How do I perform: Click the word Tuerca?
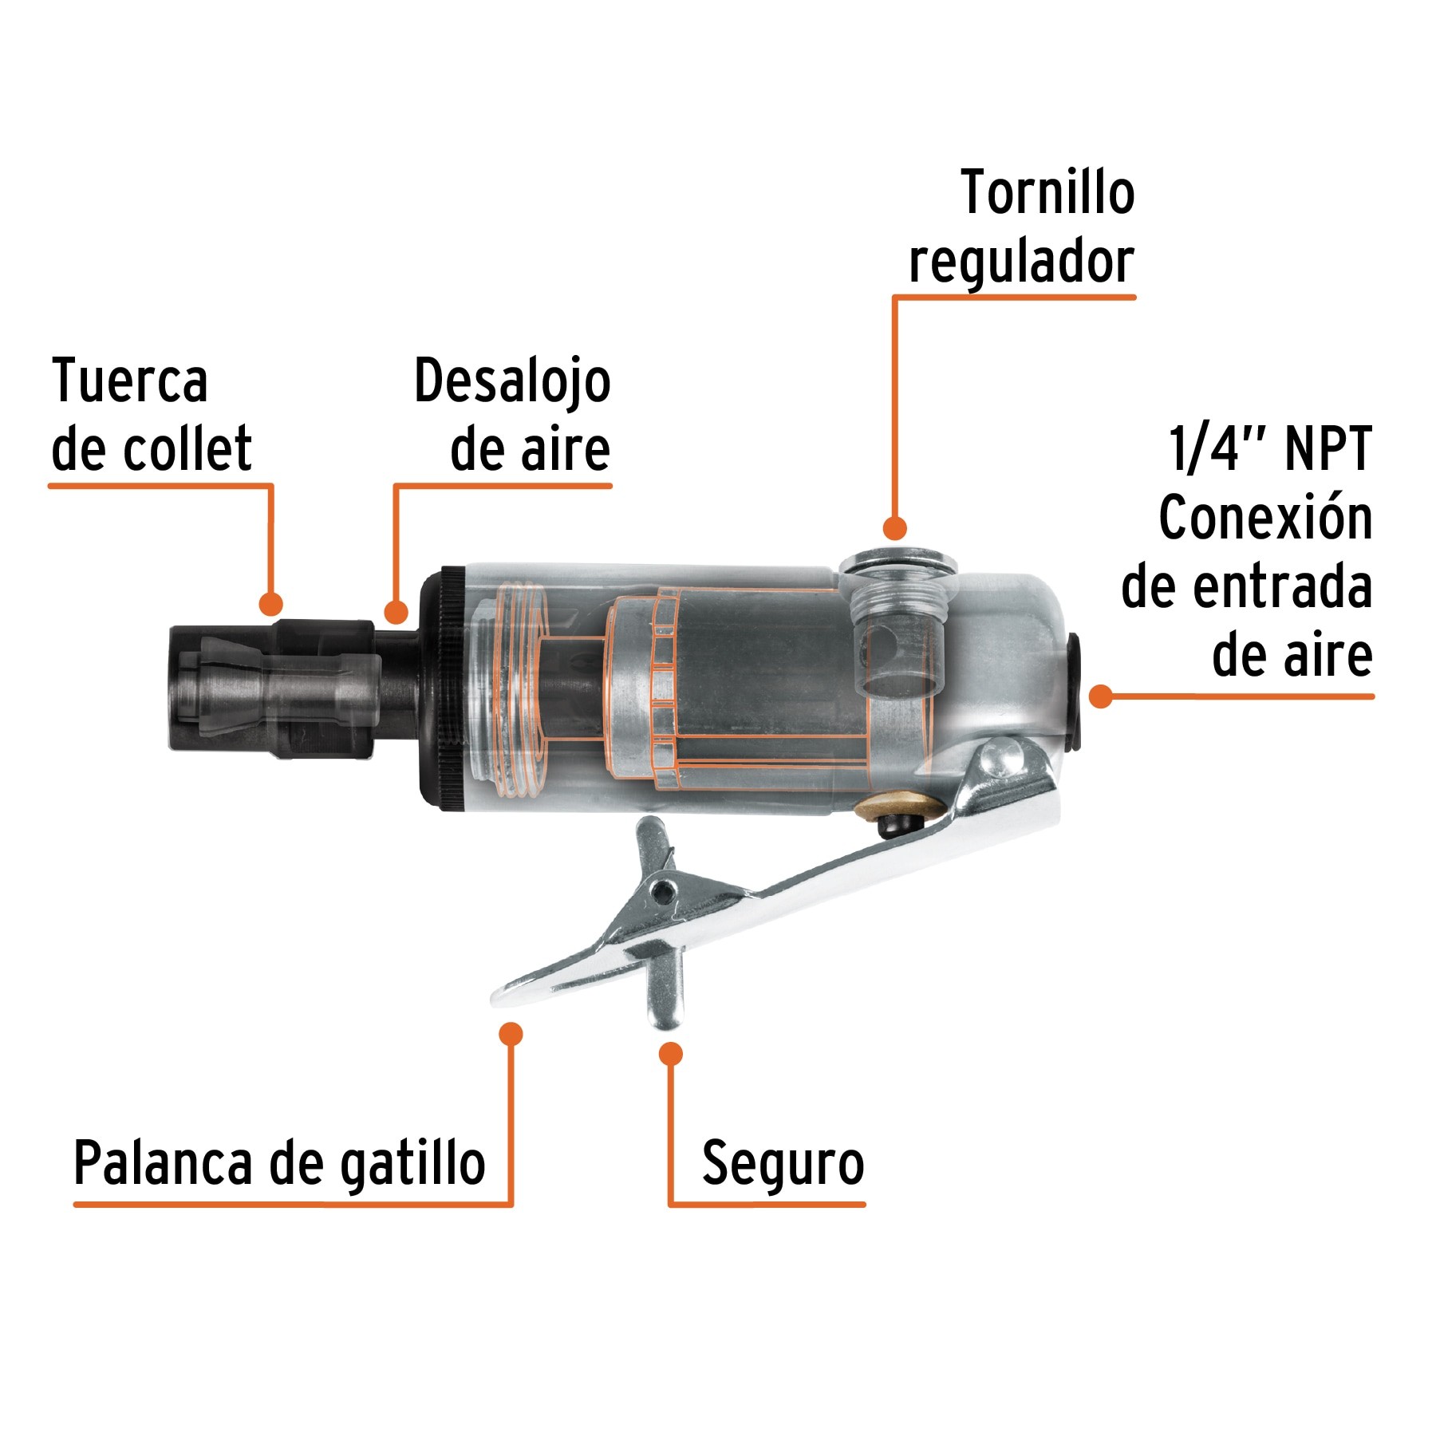click(x=130, y=381)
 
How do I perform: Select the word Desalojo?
click(x=512, y=381)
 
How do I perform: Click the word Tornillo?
click(x=1047, y=194)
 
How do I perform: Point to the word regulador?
click(x=1021, y=262)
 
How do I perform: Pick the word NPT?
click(x=1328, y=449)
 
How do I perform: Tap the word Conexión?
click(x=1265, y=519)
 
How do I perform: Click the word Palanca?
click(x=164, y=1163)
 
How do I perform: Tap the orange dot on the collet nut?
click(x=271, y=603)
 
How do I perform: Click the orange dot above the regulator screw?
click(x=895, y=528)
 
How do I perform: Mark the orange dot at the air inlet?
click(x=1101, y=696)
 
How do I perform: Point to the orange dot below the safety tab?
click(x=671, y=1054)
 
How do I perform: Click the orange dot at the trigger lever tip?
click(x=511, y=1034)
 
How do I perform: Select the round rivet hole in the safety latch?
click(x=661, y=890)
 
